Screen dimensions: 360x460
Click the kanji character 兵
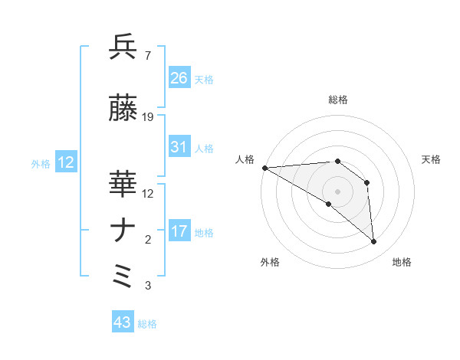(x=123, y=47)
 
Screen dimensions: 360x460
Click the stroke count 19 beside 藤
(x=148, y=117)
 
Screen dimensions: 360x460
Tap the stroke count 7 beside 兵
(x=147, y=56)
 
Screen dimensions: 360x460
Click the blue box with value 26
(x=179, y=77)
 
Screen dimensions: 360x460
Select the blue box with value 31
(x=179, y=147)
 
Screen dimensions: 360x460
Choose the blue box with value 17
(x=179, y=231)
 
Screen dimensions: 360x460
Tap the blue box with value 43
(x=123, y=322)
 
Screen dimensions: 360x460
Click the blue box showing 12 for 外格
(x=65, y=162)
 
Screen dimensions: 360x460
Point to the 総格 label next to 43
(x=147, y=324)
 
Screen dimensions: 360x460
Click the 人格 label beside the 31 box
(x=204, y=148)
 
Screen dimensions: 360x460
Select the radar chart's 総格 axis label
(x=337, y=100)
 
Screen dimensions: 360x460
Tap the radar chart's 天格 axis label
(x=431, y=159)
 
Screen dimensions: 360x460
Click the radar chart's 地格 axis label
(x=402, y=262)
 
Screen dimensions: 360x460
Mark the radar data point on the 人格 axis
(x=264, y=168)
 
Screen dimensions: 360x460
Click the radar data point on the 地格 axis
(x=374, y=242)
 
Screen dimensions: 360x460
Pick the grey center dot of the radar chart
(x=337, y=191)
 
